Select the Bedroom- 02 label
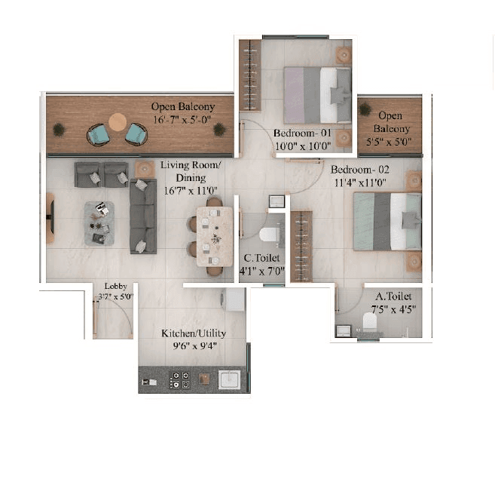358,169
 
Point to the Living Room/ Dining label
191,170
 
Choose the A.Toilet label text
392,297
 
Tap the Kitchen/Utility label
194,333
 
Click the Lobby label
115,287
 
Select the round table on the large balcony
118,121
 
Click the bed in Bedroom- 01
316,94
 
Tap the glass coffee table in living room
99,223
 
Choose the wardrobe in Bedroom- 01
249,75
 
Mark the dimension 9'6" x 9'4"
194,346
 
